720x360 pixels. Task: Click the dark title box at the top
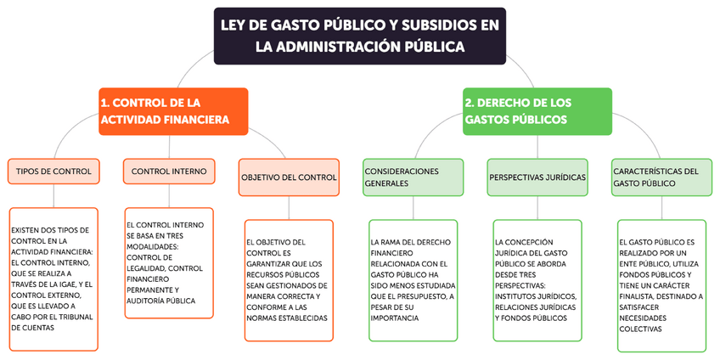point(360,35)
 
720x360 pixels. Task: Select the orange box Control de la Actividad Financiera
point(173,110)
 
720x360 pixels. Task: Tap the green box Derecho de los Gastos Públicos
point(537,110)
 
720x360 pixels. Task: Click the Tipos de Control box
point(53,172)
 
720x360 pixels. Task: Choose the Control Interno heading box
point(169,172)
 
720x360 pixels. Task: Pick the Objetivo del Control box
point(289,177)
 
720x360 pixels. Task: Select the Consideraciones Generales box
point(413,177)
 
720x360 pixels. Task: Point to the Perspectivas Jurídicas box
point(537,177)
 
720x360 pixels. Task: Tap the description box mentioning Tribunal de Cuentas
point(53,278)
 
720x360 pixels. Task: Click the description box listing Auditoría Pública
point(169,262)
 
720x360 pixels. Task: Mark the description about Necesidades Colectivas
point(661,284)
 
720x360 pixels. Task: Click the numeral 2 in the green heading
point(469,103)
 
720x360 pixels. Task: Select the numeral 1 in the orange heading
point(104,103)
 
